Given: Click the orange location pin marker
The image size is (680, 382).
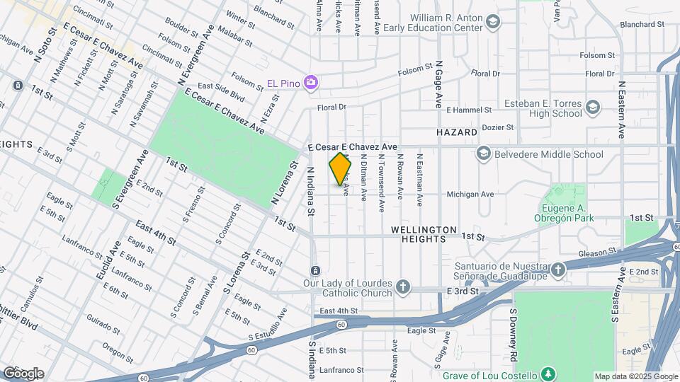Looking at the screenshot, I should click(340, 169).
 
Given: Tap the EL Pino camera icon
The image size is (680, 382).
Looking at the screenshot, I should click(310, 83).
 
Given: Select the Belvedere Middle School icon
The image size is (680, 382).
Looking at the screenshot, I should click(484, 154).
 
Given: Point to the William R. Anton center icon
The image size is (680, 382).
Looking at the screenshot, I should click(492, 23).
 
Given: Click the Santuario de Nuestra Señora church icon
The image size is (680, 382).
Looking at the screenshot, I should click(558, 270).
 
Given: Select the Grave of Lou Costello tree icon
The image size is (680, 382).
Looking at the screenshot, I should click(547, 373).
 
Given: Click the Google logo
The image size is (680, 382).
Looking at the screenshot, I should click(23, 373).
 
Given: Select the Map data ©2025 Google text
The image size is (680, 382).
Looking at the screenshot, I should click(635, 376).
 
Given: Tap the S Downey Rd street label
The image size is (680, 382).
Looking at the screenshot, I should click(511, 332).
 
